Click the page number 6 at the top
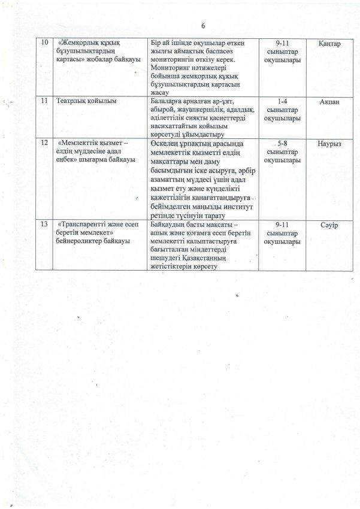pos(203,26)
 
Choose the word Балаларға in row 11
pos(168,101)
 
